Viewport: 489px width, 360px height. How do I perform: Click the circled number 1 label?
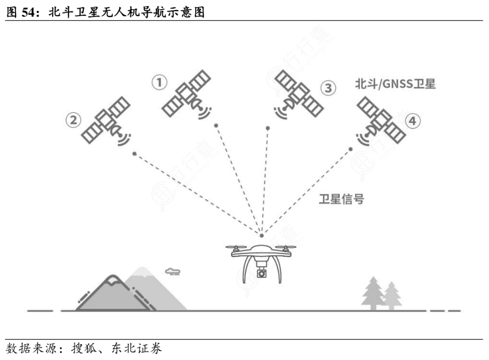click(x=159, y=83)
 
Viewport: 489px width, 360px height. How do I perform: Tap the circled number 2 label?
click(x=73, y=120)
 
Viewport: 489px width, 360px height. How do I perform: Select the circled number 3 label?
click(x=328, y=88)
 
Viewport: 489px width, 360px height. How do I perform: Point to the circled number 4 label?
click(x=412, y=121)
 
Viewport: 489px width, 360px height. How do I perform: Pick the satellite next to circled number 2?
click(x=106, y=120)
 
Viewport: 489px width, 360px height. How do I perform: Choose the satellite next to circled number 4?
click(x=380, y=121)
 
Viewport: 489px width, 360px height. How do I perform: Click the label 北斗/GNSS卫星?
click(x=395, y=84)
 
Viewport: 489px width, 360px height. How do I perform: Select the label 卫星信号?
click(x=341, y=199)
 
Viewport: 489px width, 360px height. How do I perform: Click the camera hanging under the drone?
click(x=261, y=273)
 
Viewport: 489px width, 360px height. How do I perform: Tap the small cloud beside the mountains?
click(x=173, y=271)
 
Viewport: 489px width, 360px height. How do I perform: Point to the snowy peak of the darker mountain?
click(x=111, y=281)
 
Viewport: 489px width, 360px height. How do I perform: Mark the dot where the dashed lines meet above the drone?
click(x=261, y=235)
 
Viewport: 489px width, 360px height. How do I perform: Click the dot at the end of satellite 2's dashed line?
click(x=134, y=154)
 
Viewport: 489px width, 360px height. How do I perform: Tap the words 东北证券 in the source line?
click(x=136, y=349)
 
